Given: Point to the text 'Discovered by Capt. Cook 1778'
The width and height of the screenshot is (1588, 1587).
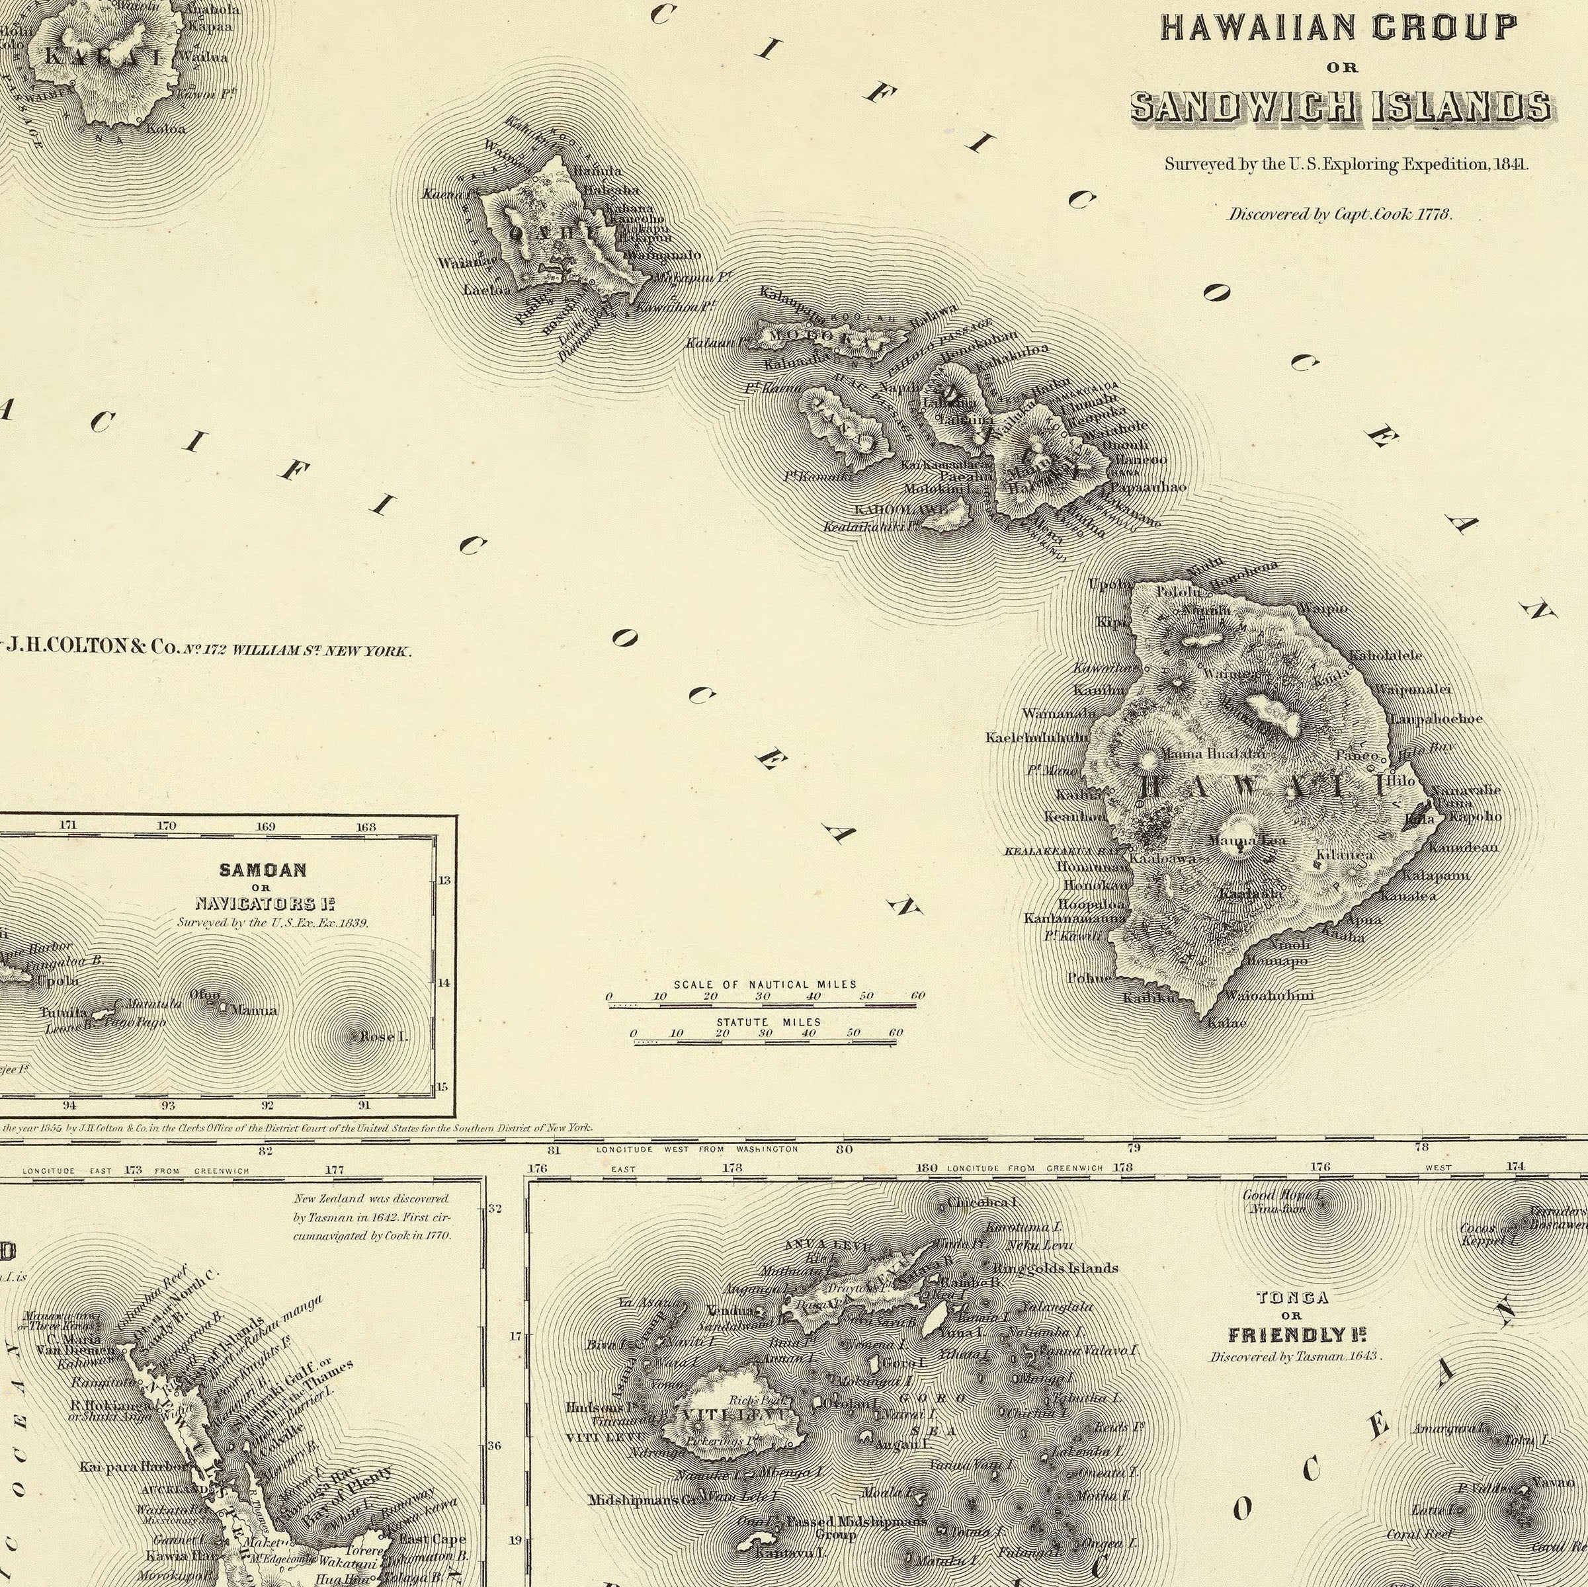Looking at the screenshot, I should pyautogui.click(x=1341, y=214).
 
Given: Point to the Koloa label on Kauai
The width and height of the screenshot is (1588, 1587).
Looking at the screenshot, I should pyautogui.click(x=166, y=128).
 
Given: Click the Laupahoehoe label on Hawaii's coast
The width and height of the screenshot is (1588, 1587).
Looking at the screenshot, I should pyautogui.click(x=1437, y=718).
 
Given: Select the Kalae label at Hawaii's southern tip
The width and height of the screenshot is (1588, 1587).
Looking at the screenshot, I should pyautogui.click(x=1226, y=1022).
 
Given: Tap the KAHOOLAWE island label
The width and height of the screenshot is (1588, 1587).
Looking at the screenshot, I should pyautogui.click(x=901, y=510).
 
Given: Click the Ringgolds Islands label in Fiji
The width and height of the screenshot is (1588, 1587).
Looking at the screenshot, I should pyautogui.click(x=1056, y=1268).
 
